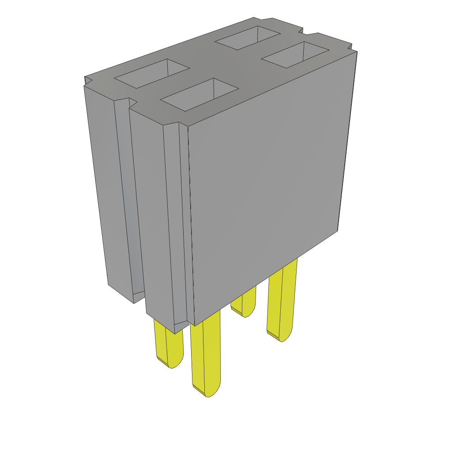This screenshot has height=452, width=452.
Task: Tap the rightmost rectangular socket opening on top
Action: coord(295,55)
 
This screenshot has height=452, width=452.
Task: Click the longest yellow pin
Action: coord(206,353)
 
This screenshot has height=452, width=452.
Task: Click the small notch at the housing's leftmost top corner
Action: coord(87,81)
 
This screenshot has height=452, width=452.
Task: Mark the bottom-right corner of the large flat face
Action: coord(338,230)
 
